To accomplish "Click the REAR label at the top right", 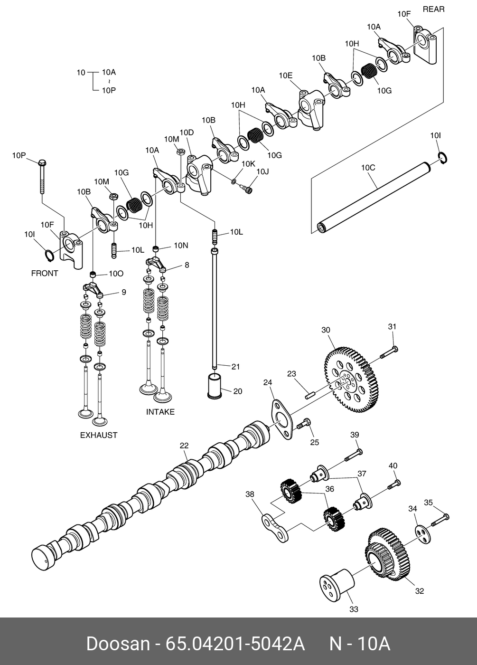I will click(x=433, y=9).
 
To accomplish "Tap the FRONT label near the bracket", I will click(x=45, y=273).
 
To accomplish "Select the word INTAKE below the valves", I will click(x=160, y=412).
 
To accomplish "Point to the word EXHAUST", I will click(x=98, y=435).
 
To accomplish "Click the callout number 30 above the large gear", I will click(x=326, y=330).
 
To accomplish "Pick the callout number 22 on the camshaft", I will click(x=184, y=446).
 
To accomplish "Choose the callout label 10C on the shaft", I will click(x=368, y=168).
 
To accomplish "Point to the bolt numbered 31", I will click(x=389, y=352).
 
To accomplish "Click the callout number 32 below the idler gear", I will click(x=419, y=591).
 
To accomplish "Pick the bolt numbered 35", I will click(x=440, y=520).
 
